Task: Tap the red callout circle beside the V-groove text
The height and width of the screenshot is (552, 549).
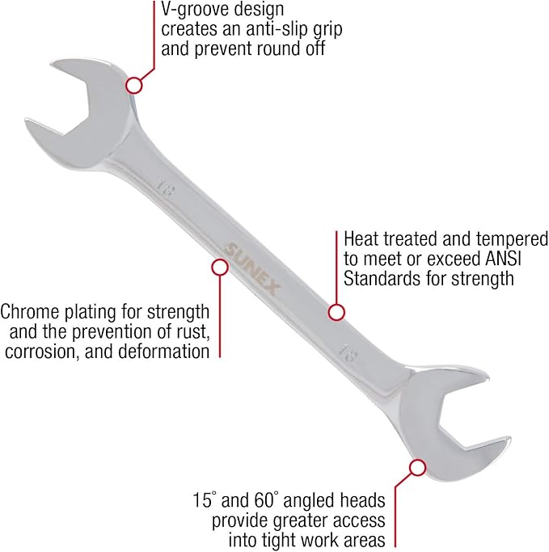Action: (x=134, y=84)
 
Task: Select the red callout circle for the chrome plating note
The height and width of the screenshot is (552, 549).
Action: (x=218, y=266)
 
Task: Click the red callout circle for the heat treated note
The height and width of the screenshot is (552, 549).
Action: (x=337, y=311)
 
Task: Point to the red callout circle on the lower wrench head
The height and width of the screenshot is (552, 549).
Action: (x=417, y=467)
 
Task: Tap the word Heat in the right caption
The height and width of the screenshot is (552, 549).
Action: (x=361, y=240)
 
